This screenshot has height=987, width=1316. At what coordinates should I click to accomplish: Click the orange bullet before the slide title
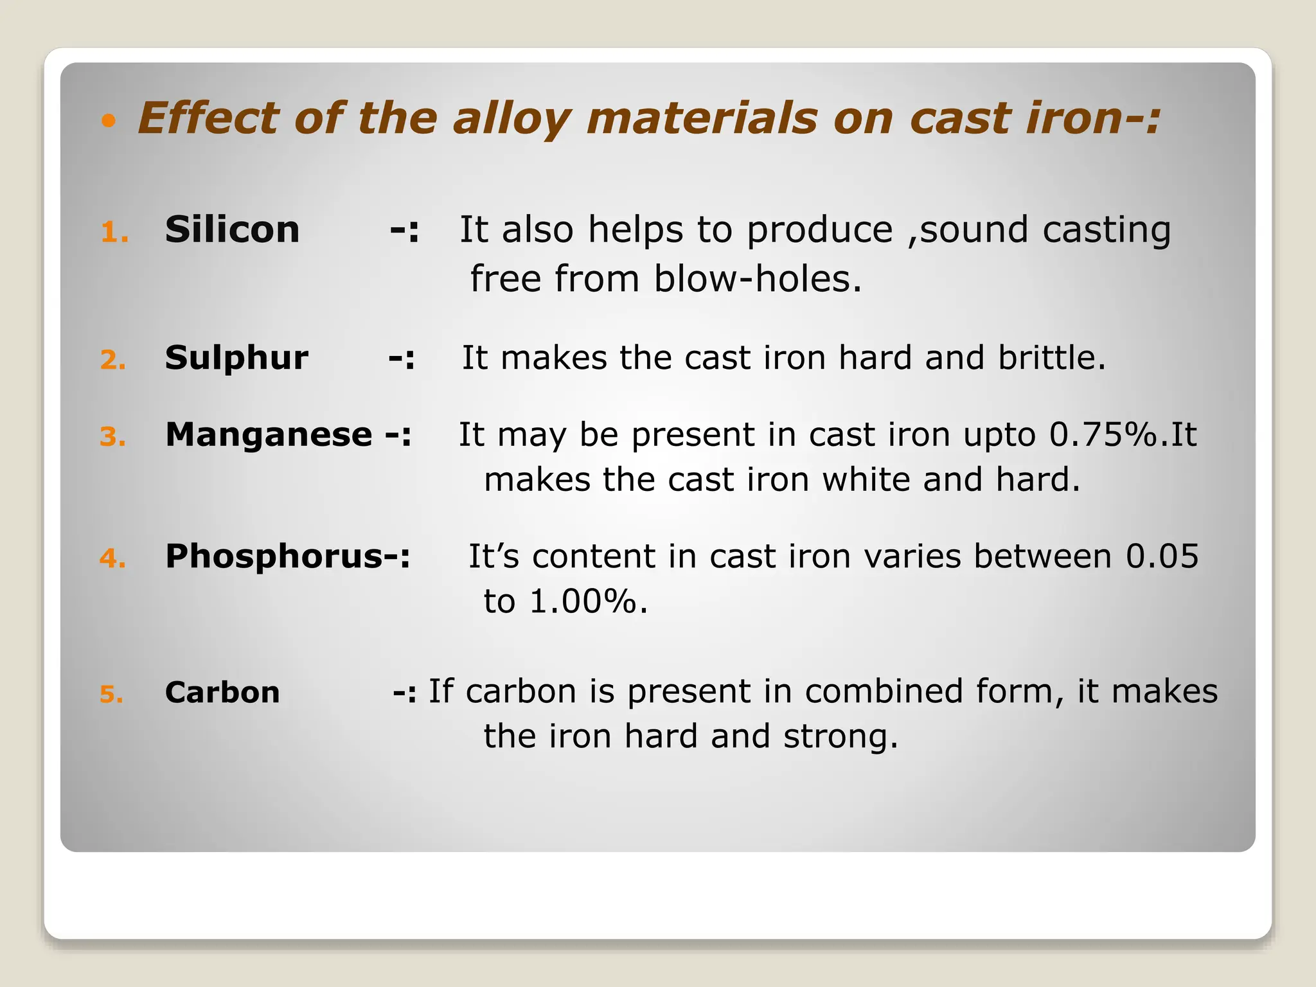pyautogui.click(x=109, y=120)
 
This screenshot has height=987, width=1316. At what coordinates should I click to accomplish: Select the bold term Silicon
pyautogui.click(x=232, y=229)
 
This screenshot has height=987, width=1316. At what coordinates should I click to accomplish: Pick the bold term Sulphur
pyautogui.click(x=236, y=358)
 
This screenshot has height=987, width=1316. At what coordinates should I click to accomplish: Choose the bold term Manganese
pyautogui.click(x=269, y=434)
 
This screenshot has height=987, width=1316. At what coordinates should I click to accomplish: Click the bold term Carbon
pyautogui.click(x=222, y=693)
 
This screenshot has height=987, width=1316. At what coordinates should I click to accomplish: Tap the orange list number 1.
pyautogui.click(x=114, y=233)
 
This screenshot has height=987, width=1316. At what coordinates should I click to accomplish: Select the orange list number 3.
pyautogui.click(x=112, y=438)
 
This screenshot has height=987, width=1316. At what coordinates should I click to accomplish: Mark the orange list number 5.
pyautogui.click(x=111, y=695)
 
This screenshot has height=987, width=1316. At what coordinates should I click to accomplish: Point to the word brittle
pyautogui.click(x=1051, y=357)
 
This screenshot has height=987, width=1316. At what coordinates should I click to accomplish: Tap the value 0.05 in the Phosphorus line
pyautogui.click(x=1162, y=556)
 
